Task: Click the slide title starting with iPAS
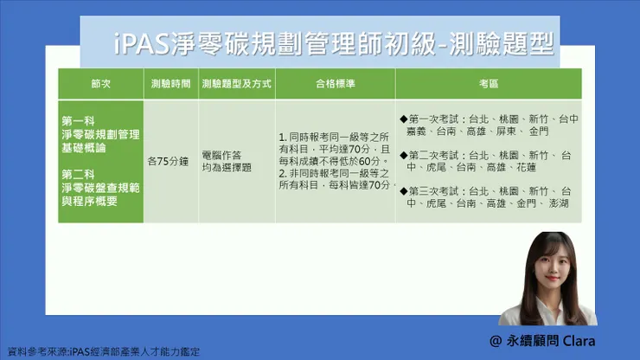click(333, 43)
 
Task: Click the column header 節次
click(100, 85)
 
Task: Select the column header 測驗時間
click(170, 85)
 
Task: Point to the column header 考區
click(489, 85)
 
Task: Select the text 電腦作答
click(221, 154)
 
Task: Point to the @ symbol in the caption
click(496, 341)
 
